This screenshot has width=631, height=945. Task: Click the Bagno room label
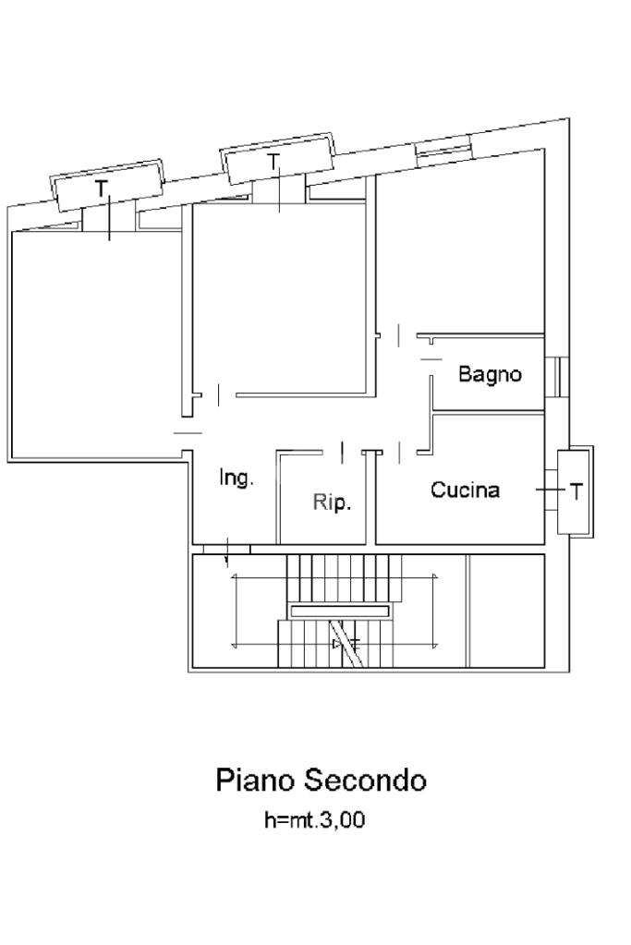point(490,374)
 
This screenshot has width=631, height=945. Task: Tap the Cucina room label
point(465,491)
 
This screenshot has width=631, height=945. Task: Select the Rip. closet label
point(332,503)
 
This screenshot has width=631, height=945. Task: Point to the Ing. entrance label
point(236,479)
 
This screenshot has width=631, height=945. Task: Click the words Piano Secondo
point(321,780)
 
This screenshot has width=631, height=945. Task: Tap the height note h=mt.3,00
point(314,819)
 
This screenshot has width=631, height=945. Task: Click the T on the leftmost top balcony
point(102,189)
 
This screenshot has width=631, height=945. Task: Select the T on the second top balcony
point(273,162)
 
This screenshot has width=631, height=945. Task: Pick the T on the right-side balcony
point(576,491)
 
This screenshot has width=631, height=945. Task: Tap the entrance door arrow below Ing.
point(228,553)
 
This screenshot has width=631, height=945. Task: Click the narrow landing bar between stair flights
point(339,611)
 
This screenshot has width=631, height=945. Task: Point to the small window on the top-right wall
point(443,149)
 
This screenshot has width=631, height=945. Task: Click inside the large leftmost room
point(92,342)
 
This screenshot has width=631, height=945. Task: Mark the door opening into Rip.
point(341,452)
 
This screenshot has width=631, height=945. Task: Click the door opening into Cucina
point(399,452)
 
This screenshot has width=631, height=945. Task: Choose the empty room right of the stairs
point(505,610)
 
